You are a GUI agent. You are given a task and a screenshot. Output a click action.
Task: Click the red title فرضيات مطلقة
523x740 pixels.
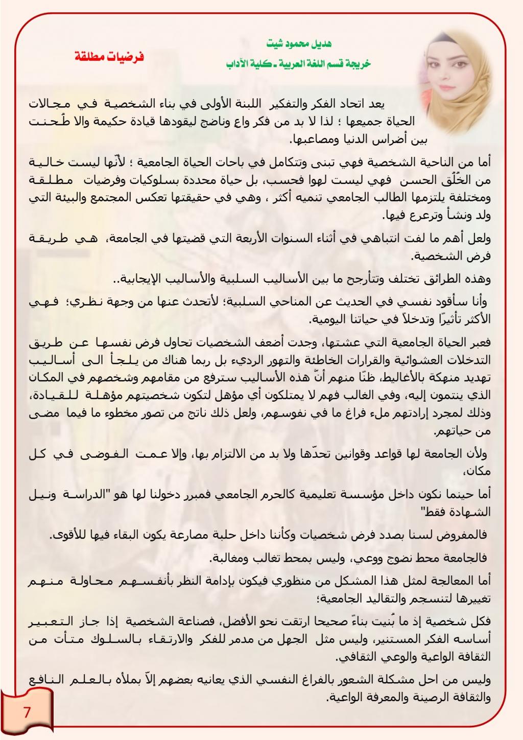[x=109, y=57]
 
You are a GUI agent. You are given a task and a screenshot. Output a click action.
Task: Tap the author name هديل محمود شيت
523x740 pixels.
[x=299, y=44]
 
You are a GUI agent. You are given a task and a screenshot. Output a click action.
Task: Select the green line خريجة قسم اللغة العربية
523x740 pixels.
[x=299, y=64]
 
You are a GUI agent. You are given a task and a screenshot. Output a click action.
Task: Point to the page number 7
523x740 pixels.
[x=27, y=712]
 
